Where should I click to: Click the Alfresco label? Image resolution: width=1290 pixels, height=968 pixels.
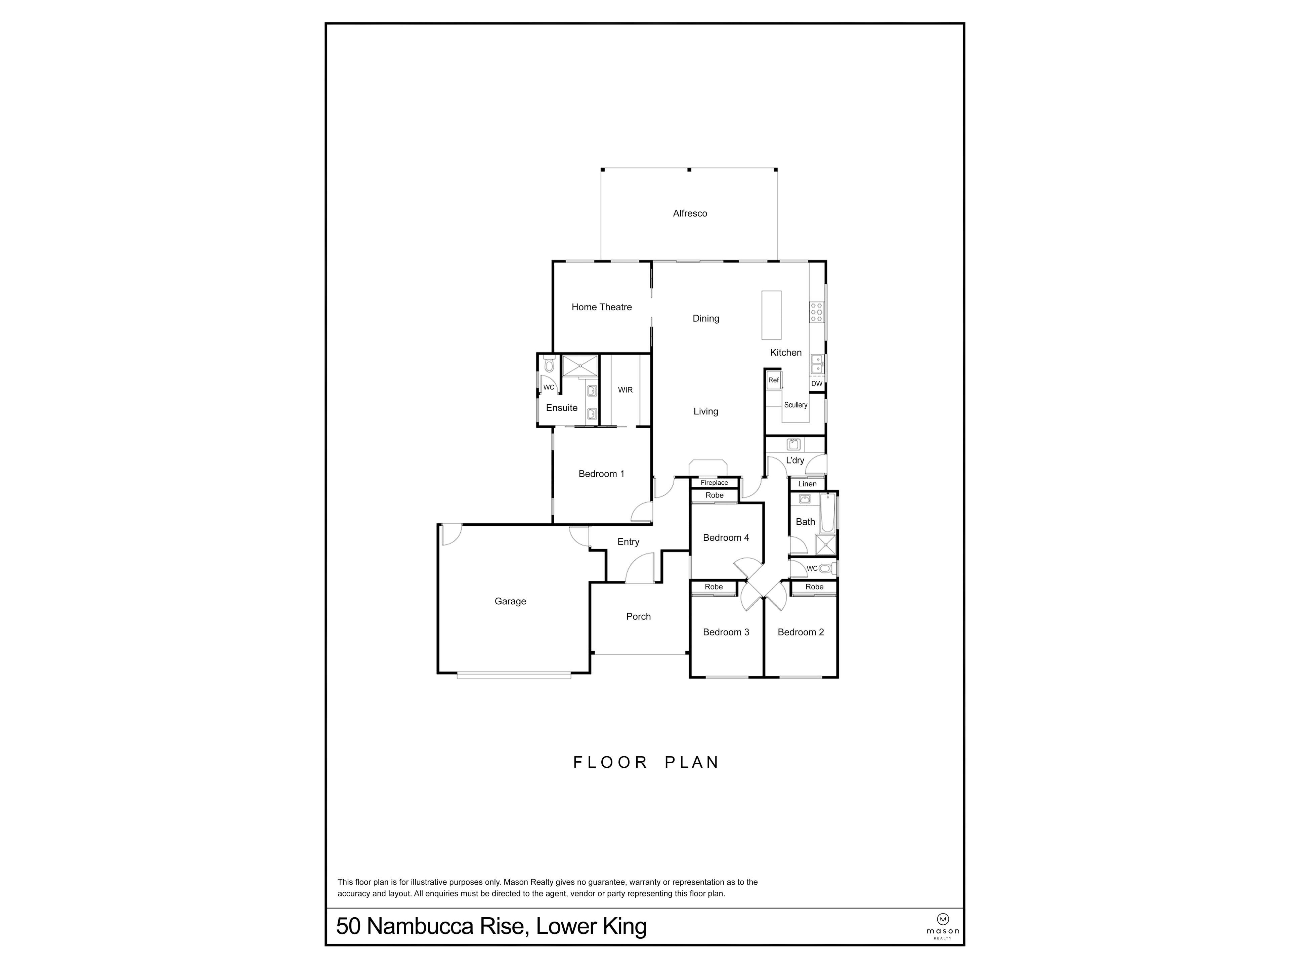[x=690, y=213]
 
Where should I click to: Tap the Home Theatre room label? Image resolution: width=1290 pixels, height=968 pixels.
[x=601, y=307]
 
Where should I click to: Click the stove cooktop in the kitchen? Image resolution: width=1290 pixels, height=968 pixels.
[x=816, y=312]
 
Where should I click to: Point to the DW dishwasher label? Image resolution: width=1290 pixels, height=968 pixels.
[x=816, y=384]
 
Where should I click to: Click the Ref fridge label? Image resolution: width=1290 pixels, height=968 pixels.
[x=773, y=380]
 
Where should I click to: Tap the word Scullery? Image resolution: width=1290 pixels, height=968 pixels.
[x=795, y=405]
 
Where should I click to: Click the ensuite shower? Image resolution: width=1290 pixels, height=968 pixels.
[x=580, y=366]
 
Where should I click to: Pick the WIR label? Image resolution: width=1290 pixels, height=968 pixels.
[x=625, y=390]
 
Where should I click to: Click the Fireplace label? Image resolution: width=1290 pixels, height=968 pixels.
[x=715, y=483]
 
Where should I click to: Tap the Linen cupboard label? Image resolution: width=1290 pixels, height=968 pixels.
[x=807, y=484]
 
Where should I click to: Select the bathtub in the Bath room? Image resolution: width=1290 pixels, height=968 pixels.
[x=827, y=514]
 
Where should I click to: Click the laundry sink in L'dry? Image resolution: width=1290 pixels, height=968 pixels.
[x=794, y=445]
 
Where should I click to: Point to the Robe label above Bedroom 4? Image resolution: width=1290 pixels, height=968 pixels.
[x=715, y=495]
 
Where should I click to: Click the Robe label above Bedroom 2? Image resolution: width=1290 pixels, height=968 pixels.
[x=815, y=587]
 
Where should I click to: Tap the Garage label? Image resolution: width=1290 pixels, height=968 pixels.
[x=510, y=602]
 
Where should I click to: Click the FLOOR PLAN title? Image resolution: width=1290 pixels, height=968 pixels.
[x=646, y=763]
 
